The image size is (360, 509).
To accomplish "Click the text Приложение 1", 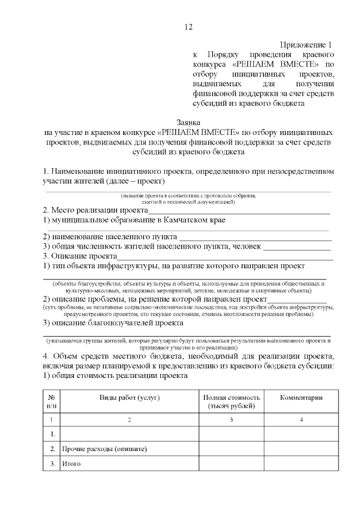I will click(307, 44).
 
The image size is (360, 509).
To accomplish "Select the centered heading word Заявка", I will click(188, 121).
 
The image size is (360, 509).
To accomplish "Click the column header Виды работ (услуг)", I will click(130, 398).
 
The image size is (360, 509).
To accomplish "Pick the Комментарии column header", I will click(301, 398).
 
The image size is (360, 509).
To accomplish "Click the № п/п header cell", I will click(52, 402).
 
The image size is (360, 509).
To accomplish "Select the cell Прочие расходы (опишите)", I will click(105, 449).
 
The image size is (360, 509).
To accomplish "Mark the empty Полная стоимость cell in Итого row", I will click(231, 464).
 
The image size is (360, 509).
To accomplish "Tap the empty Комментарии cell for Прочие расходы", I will click(301, 449).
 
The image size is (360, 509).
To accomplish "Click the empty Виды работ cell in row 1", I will click(130, 434).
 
